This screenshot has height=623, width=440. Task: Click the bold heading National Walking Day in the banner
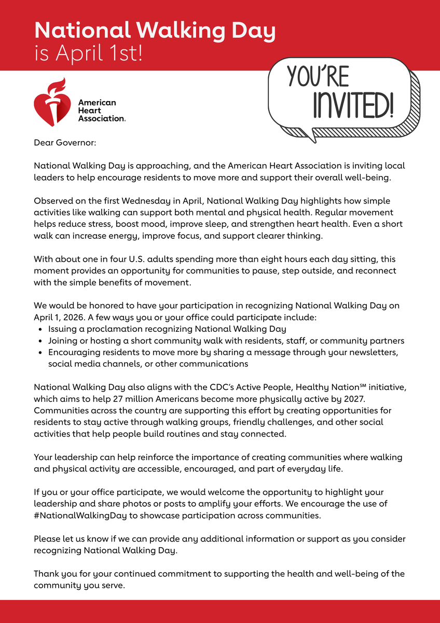click(x=155, y=31)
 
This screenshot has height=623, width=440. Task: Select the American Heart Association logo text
click(x=101, y=111)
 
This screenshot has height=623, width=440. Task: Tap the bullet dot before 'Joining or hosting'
click(x=41, y=341)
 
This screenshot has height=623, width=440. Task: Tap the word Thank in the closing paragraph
click(x=46, y=574)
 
